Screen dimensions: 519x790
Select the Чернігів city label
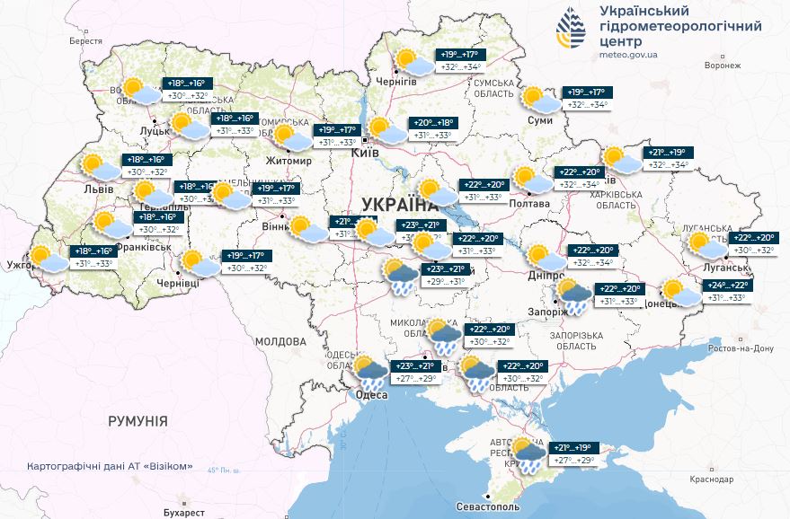396,82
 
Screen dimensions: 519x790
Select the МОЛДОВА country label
280,342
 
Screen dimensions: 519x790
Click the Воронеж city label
723,66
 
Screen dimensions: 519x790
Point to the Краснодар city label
714,479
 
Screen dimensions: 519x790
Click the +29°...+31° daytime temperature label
446,281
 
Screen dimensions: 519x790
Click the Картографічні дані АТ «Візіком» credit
111,467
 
